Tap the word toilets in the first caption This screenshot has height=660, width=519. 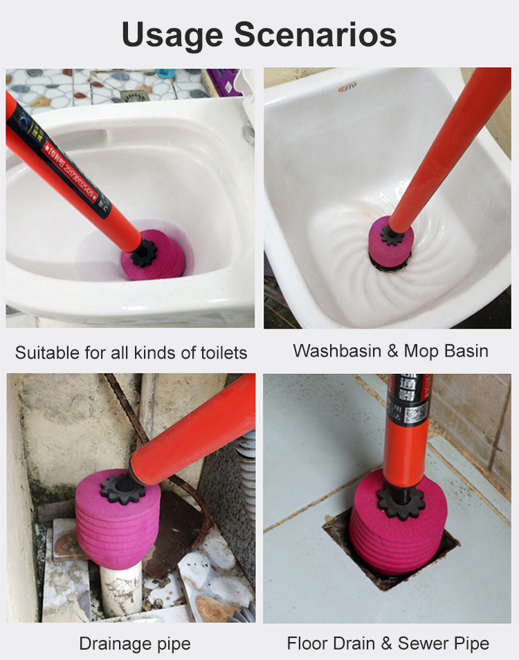pos(221,353)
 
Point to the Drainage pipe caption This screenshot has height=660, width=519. pos(134,644)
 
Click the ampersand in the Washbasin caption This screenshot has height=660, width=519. pos(392,350)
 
